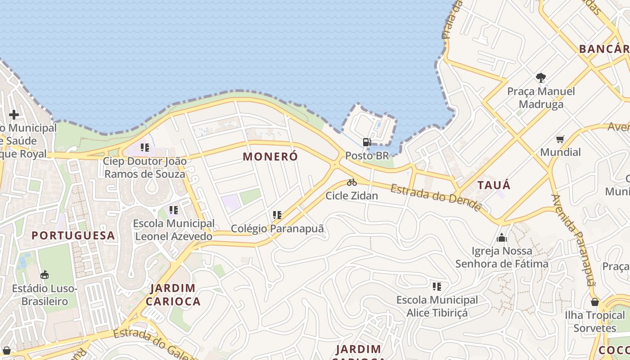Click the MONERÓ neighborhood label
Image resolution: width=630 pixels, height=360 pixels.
[x=270, y=157]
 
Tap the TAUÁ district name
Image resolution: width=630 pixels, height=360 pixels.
[x=494, y=185]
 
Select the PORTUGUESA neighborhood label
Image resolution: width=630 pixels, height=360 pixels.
[x=73, y=235]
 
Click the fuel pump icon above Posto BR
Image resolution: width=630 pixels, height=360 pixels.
[x=367, y=142]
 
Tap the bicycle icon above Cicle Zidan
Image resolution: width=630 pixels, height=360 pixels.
[x=352, y=182]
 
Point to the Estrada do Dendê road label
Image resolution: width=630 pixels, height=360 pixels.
[x=436, y=197]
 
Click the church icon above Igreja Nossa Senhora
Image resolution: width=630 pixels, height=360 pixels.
[x=502, y=238]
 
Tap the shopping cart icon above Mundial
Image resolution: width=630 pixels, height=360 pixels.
[x=560, y=139]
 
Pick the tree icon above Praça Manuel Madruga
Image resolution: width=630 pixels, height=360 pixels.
[x=541, y=78]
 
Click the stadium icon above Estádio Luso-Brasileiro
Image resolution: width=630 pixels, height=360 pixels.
[x=45, y=274]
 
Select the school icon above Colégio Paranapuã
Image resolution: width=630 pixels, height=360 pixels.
[x=277, y=215]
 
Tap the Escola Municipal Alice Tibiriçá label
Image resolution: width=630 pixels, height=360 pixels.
[x=437, y=306]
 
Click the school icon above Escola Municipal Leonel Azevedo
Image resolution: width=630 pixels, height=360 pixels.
[x=174, y=210]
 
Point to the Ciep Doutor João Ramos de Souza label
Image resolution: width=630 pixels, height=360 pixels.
[x=144, y=167]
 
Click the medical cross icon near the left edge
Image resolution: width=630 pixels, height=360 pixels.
[x=14, y=115]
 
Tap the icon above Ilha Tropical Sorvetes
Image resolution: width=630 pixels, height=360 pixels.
[x=595, y=302]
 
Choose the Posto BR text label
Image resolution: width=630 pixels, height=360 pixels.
[x=367, y=156]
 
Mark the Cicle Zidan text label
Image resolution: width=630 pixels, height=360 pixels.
[x=352, y=196]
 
